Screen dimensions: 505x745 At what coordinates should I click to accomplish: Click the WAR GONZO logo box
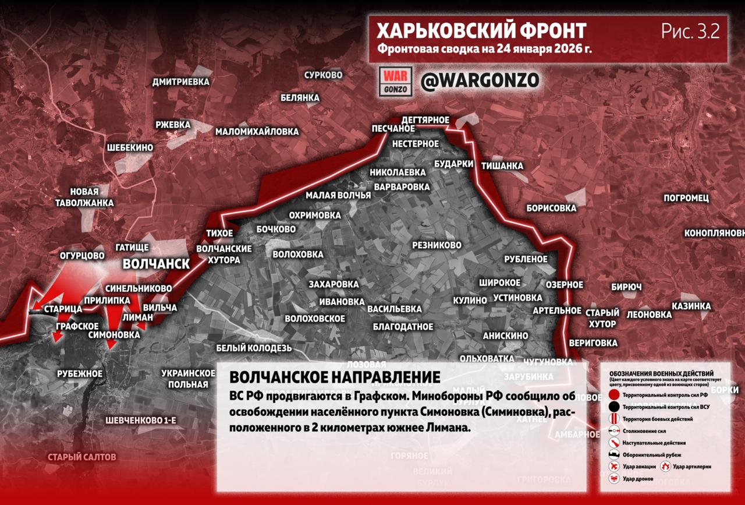[396, 82]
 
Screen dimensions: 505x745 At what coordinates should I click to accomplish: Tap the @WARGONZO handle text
[480, 81]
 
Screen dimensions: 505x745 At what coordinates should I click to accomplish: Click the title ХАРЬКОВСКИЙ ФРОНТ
[481, 31]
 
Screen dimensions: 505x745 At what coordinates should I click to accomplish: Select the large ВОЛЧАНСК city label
[156, 264]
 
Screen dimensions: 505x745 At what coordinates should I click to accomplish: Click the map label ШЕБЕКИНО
[130, 148]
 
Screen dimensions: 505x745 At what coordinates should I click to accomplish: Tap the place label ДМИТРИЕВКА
[180, 82]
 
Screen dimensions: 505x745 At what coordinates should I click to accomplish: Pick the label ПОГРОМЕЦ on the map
[686, 198]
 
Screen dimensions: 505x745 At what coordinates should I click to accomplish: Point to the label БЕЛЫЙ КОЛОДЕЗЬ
[254, 348]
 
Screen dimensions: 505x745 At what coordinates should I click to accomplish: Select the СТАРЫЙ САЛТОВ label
[82, 457]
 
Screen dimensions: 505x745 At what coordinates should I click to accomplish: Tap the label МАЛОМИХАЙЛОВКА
[257, 132]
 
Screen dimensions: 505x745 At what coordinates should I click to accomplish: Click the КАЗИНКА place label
[691, 306]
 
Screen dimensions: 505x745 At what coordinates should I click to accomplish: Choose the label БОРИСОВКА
[551, 208]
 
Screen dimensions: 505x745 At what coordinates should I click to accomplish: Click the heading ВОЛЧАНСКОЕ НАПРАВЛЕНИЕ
[335, 377]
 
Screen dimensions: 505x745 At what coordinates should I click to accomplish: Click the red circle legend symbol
[613, 395]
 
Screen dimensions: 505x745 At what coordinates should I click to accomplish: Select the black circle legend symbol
[613, 407]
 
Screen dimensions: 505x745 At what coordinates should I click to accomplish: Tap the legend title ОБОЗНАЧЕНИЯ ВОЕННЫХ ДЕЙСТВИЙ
[661, 373]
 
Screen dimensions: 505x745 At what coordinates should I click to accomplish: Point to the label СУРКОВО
[324, 75]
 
